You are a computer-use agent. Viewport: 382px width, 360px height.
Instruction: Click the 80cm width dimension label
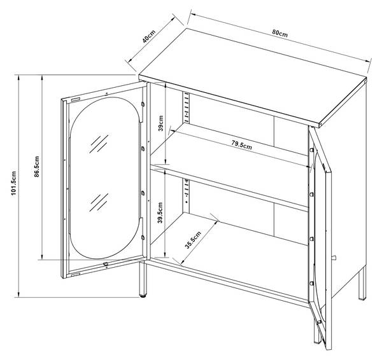280,33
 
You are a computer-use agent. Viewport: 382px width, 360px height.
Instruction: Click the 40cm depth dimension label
149,36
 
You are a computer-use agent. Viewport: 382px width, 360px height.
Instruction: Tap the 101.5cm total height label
13,183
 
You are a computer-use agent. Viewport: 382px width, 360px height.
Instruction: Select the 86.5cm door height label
36,167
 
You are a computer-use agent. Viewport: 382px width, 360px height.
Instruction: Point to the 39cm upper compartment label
161,123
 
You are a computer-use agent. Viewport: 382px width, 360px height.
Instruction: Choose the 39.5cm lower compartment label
160,212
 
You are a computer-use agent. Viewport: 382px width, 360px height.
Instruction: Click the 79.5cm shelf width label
242,145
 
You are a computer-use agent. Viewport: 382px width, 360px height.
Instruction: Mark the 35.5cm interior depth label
193,240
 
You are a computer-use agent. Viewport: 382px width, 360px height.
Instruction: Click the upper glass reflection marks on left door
99,144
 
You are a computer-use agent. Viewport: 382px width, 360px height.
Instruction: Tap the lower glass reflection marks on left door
99,202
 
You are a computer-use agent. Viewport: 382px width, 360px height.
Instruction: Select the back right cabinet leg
362,283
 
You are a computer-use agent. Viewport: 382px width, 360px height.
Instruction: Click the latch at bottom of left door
106,264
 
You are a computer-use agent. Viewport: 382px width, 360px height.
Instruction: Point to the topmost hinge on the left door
143,104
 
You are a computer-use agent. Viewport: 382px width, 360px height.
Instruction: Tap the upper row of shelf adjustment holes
187,107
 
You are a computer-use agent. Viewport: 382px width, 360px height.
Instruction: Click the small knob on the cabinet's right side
334,258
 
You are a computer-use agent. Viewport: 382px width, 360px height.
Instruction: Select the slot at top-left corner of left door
75,100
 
